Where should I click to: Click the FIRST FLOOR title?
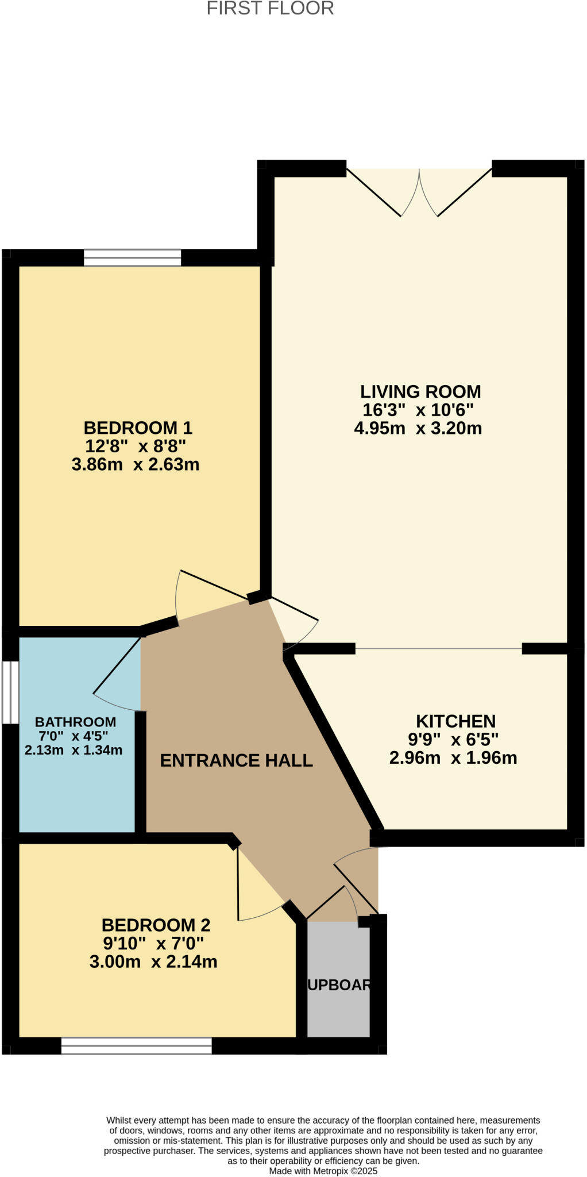click(270, 9)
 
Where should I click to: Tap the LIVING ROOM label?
click(420, 392)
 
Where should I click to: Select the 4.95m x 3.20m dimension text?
click(418, 428)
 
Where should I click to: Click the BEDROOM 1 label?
click(138, 428)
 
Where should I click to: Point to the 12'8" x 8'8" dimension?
click(136, 446)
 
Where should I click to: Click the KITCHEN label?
click(455, 721)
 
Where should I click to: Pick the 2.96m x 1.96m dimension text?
click(453, 758)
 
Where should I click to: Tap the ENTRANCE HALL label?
click(236, 760)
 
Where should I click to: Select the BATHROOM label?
click(75, 722)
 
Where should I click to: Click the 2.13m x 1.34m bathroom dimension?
click(74, 750)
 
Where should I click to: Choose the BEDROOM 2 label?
click(156, 925)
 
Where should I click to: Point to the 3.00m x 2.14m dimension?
click(153, 961)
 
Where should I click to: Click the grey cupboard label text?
click(339, 985)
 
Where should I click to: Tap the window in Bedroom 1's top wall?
click(132, 257)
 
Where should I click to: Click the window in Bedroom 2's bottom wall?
click(136, 1046)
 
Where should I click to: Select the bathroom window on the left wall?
click(10, 693)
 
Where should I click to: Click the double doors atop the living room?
click(419, 193)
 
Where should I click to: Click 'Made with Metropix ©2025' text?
click(323, 1171)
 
